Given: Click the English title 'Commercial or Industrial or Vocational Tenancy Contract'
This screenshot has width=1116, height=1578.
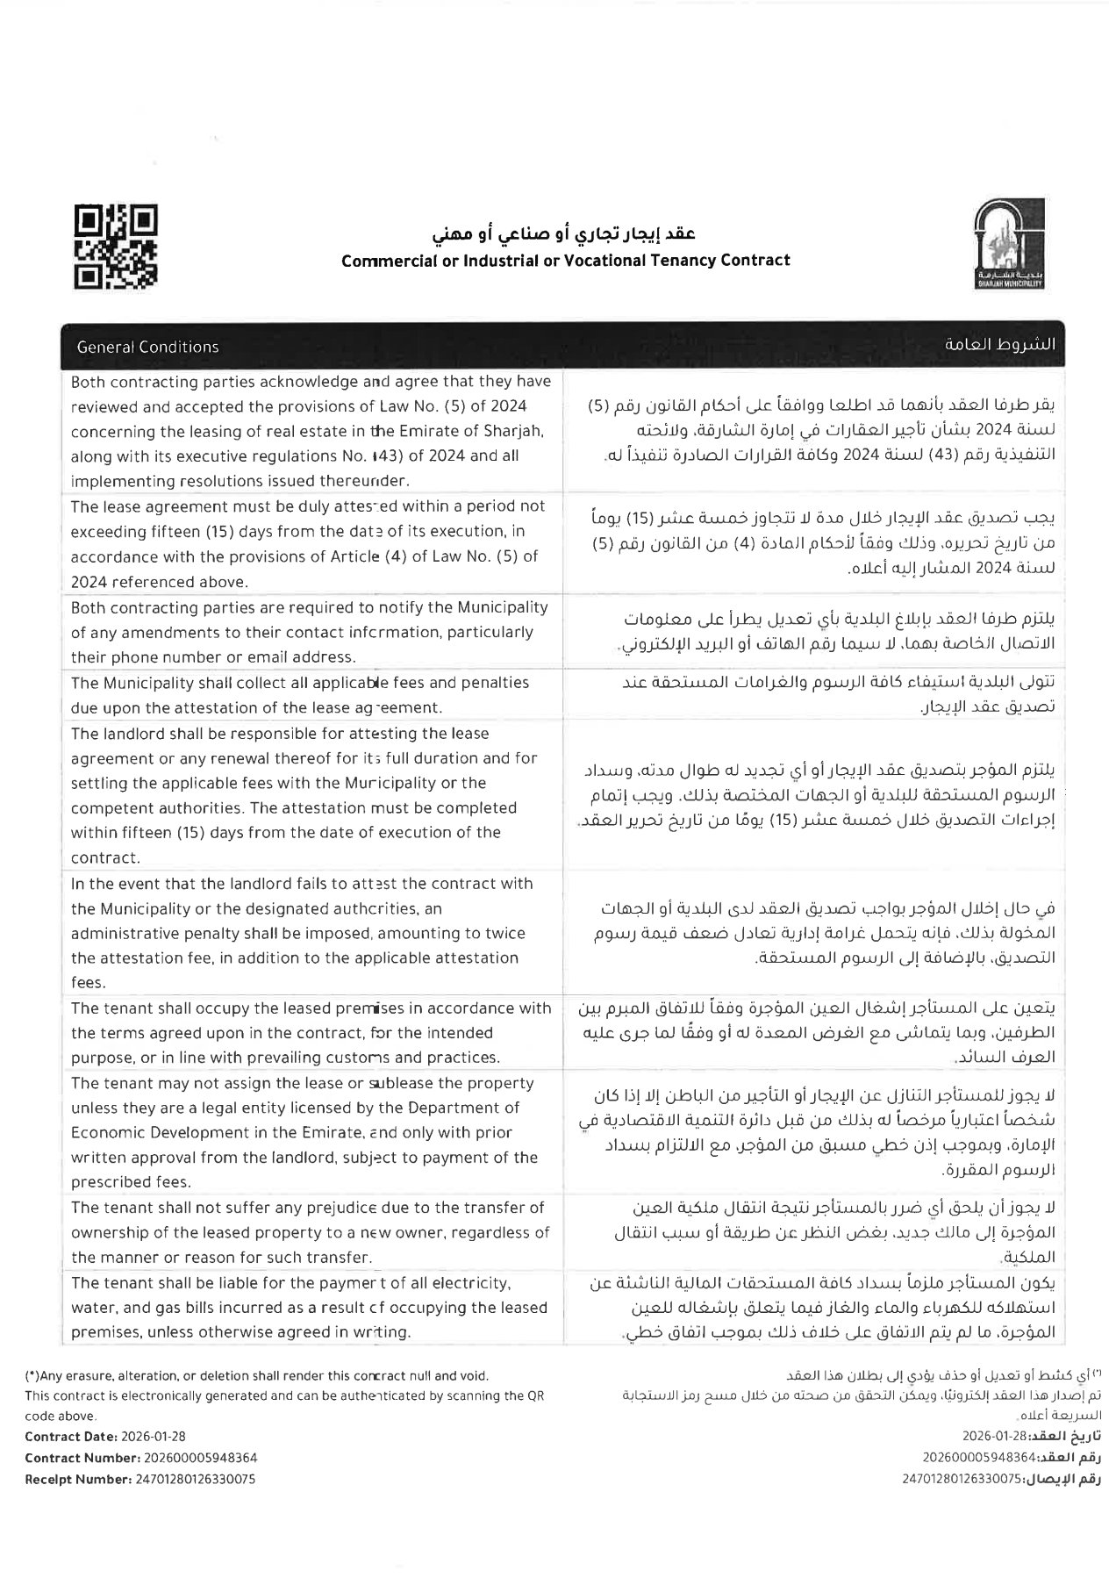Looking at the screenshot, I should pyautogui.click(x=565, y=260).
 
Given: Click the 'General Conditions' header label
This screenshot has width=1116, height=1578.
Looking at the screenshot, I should pyautogui.click(x=147, y=347).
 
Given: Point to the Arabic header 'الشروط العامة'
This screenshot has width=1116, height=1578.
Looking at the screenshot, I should pyautogui.click(x=1000, y=345).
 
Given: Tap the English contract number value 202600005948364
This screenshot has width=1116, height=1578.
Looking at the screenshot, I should pyautogui.click(x=197, y=1458).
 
